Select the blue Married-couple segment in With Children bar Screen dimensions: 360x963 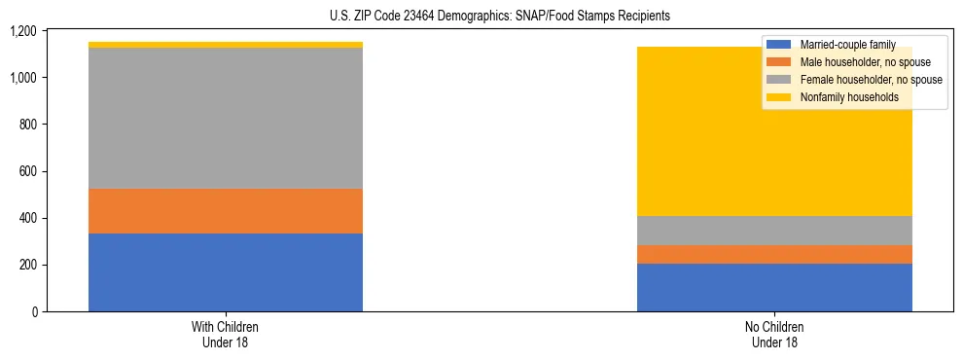[226, 272]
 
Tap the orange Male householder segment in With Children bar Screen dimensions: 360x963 [226, 211]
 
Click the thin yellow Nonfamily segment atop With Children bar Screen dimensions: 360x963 [226, 45]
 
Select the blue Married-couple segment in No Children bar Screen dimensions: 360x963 [774, 287]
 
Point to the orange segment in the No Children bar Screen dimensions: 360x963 [774, 254]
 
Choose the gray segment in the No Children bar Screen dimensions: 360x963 [774, 231]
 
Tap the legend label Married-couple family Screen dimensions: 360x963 [847, 45]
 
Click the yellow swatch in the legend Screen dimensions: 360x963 [779, 97]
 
